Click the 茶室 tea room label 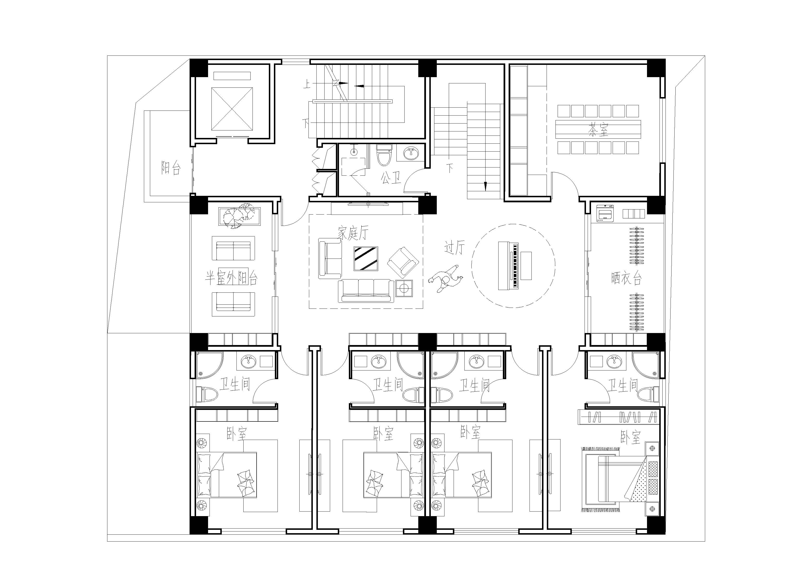point(598,130)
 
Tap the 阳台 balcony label point(171,168)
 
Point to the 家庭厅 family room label point(353,233)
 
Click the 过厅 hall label point(454,247)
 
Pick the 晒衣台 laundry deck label point(626,278)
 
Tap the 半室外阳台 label point(231,278)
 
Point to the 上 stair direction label point(307,83)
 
